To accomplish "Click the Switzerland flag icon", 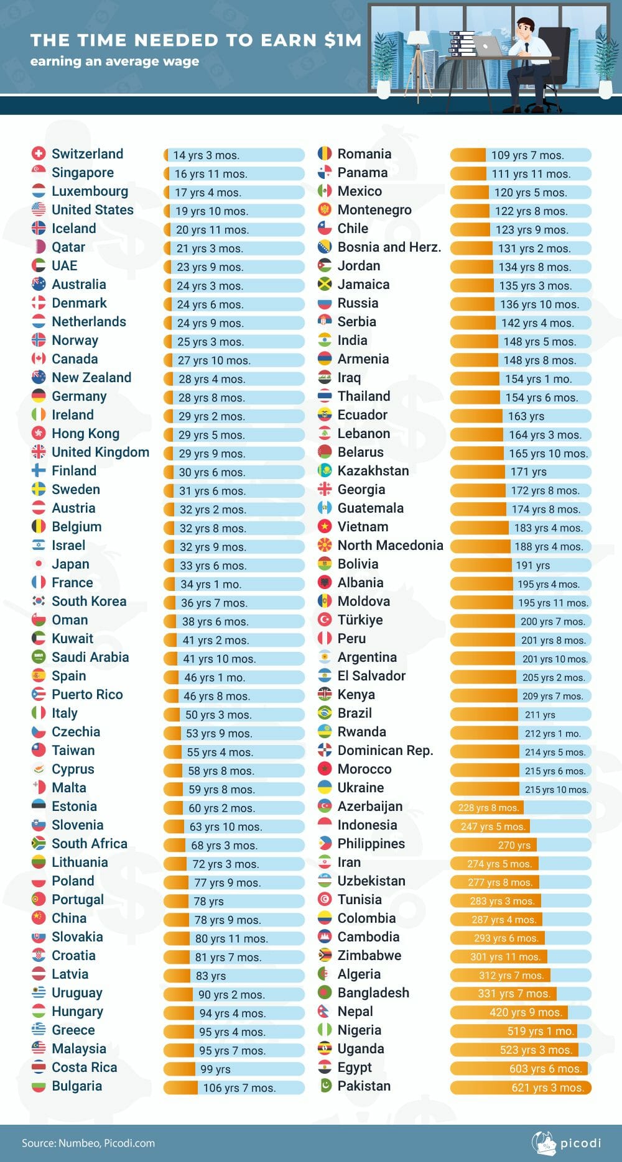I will [39, 153].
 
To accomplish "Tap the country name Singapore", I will [83, 173].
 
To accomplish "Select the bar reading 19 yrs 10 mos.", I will [234, 211].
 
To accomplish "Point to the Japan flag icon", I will [39, 564].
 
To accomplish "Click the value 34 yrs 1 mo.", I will [211, 584].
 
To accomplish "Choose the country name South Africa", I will [90, 844].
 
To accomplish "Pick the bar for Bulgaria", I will [234, 1087].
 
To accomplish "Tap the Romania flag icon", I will [324, 153].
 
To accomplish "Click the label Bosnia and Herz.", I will [389, 247].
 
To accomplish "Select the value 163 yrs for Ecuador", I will [526, 416].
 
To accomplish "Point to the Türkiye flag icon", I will [324, 620].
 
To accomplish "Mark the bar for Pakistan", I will [521, 1087].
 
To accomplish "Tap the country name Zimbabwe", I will [369, 956].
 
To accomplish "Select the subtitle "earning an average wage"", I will [115, 61].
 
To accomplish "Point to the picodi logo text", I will [580, 1143].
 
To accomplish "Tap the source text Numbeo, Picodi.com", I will [106, 1143].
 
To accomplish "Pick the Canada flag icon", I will [39, 359].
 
